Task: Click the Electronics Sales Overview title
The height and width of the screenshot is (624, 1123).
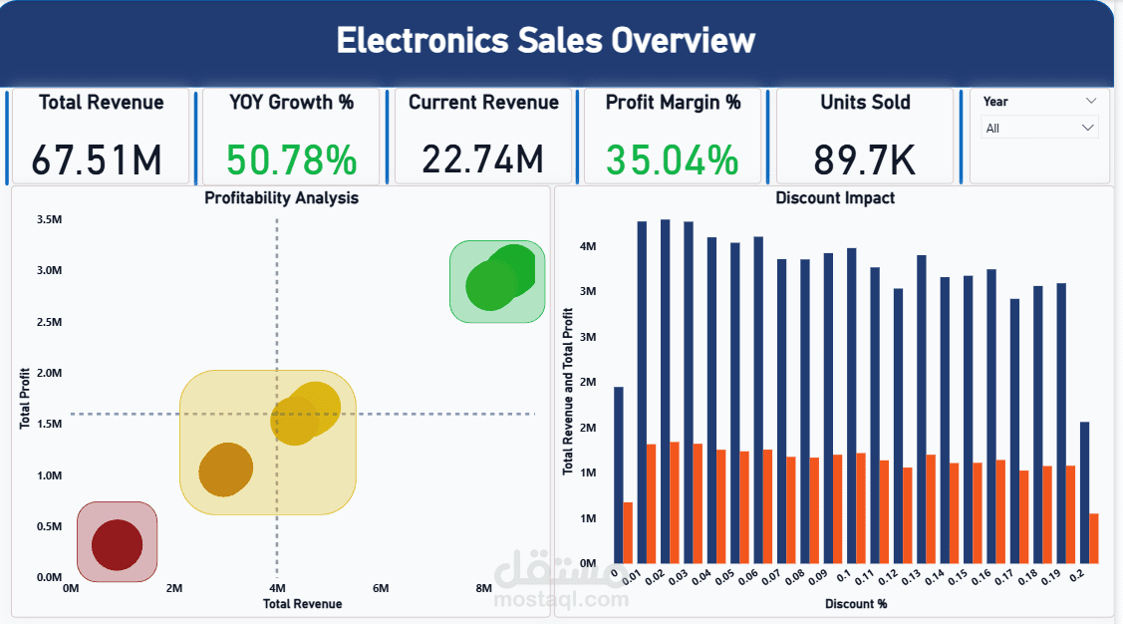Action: click(545, 41)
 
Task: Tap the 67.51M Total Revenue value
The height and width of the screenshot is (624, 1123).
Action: click(96, 159)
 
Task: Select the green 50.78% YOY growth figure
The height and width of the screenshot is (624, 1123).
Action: click(290, 159)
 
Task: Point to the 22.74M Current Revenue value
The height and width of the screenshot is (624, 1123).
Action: click(482, 159)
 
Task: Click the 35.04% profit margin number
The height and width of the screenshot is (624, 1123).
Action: click(673, 159)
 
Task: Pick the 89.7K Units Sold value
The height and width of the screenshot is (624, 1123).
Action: click(865, 159)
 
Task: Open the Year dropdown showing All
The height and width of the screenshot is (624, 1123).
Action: click(1039, 128)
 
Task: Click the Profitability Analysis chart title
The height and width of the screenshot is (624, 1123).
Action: click(281, 197)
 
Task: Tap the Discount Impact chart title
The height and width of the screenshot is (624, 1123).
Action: click(835, 197)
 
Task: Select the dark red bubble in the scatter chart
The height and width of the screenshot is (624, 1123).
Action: click(118, 544)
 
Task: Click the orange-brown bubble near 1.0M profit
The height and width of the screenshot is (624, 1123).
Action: click(225, 468)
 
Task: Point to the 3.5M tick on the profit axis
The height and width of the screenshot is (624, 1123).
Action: click(49, 219)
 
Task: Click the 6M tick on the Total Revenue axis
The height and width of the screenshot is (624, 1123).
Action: click(381, 588)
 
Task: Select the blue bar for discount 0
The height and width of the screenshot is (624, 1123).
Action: click(619, 474)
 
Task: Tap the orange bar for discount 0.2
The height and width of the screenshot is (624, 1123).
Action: click(1093, 538)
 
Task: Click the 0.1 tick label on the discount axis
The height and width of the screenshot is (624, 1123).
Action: click(844, 577)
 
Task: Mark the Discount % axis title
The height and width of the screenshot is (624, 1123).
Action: click(856, 604)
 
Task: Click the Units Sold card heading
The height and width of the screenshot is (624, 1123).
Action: click(865, 102)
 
